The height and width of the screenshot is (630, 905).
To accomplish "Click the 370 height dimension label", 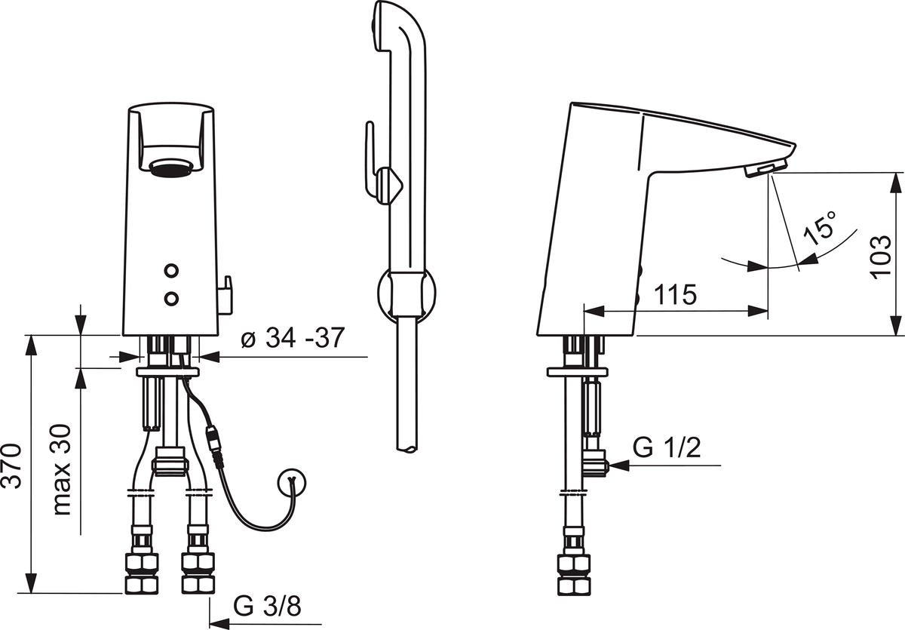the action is pos(12,466).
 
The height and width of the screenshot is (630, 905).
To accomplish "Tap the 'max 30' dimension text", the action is pos(62,469).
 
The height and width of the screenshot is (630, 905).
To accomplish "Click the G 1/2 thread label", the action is pos(667,447).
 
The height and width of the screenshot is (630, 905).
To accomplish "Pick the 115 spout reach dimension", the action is pos(675,294).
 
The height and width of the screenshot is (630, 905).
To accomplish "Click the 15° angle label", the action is pos(820,229).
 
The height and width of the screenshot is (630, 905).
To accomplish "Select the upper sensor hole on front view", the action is pos(172,270).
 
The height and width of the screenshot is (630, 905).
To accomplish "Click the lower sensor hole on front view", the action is pos(172,298).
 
